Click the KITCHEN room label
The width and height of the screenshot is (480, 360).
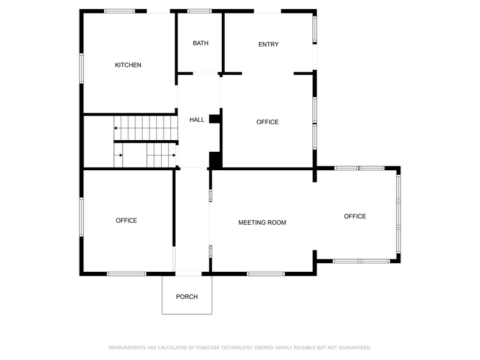(128, 65)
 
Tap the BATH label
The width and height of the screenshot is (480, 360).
(200, 43)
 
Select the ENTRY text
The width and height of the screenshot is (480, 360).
(268, 44)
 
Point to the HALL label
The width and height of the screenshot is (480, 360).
(197, 119)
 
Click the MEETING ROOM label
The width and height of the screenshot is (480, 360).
(262, 222)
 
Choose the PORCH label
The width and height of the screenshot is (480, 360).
(187, 297)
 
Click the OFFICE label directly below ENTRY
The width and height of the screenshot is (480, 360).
(267, 122)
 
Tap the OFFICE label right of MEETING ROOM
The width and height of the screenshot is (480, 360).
(354, 216)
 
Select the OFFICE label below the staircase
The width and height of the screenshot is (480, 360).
(126, 220)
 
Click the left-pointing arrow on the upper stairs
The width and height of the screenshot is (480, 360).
(115, 128)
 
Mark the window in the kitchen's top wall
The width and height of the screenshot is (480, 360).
(119, 11)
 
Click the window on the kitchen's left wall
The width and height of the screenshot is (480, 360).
(81, 67)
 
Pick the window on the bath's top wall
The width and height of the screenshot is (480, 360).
(199, 11)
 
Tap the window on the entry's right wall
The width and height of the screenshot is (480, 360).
(315, 29)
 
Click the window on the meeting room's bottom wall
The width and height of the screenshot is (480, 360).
(266, 274)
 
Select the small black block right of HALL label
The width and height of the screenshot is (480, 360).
(214, 119)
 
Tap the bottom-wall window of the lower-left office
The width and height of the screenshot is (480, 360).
(126, 274)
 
